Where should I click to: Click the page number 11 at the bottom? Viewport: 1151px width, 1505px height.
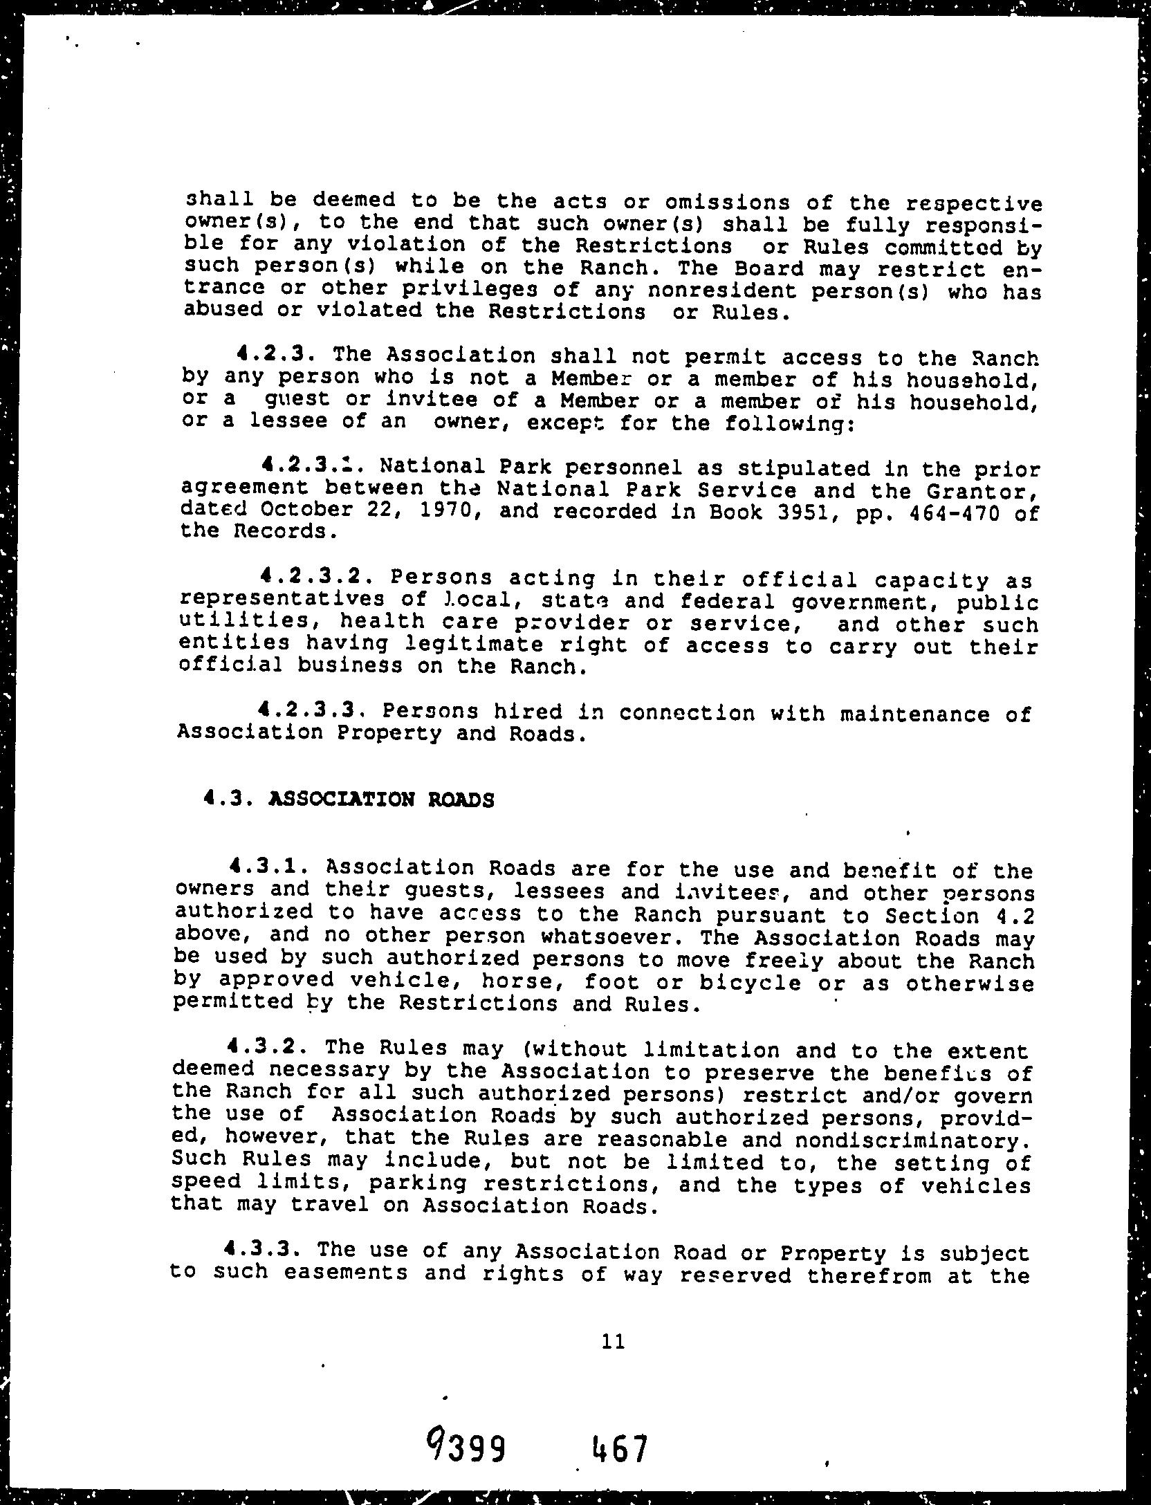(614, 1342)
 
